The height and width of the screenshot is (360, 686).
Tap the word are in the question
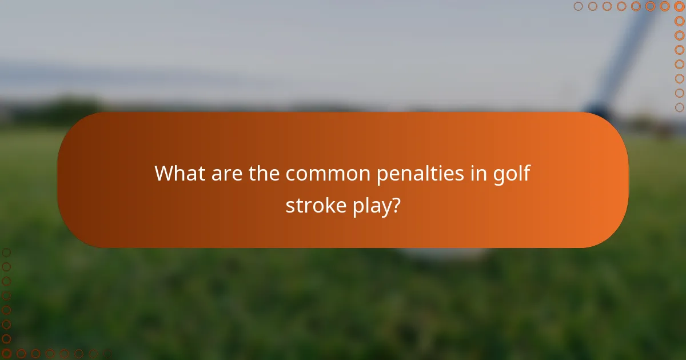[x=226, y=173]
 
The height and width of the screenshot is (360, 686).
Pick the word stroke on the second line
[x=314, y=205]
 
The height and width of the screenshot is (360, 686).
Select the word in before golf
[x=480, y=173]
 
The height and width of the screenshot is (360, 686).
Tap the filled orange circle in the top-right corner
[x=679, y=6]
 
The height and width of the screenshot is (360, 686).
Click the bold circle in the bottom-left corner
[x=6, y=353]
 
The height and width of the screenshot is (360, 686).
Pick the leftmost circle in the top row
[x=578, y=6]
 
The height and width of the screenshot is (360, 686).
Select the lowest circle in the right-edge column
[x=679, y=107]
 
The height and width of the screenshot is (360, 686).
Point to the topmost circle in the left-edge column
[x=6, y=252]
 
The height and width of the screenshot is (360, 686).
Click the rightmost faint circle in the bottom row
[x=93, y=353]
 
